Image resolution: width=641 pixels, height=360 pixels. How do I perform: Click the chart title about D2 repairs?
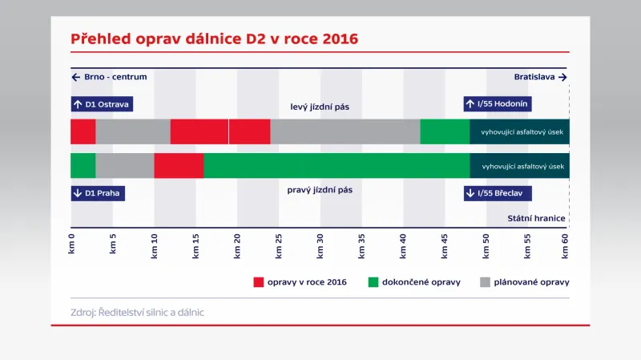tap(214, 38)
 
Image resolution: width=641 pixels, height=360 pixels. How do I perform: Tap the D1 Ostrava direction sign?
tap(102, 104)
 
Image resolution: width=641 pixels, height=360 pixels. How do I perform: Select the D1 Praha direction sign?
tap(98, 192)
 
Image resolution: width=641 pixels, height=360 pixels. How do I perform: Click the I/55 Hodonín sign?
tap(498, 103)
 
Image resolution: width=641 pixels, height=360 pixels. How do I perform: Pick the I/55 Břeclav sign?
tap(498, 192)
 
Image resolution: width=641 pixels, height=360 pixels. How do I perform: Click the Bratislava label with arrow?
tap(541, 77)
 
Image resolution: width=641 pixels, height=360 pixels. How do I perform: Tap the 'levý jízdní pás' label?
tap(320, 106)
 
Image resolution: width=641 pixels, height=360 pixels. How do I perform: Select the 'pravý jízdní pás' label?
tap(320, 190)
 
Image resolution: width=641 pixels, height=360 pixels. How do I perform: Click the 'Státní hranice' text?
tap(537, 218)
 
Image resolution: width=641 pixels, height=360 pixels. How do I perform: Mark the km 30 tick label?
tap(320, 244)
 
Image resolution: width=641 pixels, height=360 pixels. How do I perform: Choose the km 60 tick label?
tap(565, 244)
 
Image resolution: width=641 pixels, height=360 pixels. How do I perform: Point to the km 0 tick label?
tap(71, 244)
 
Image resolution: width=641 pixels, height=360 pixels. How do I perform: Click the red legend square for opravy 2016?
tap(258, 282)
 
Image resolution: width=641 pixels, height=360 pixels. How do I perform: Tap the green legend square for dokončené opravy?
tap(373, 282)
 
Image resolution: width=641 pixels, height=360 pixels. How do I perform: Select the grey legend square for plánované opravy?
tap(485, 282)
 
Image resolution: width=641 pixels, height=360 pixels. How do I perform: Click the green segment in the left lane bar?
tap(445, 131)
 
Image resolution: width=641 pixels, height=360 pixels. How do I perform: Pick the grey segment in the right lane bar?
tap(124, 165)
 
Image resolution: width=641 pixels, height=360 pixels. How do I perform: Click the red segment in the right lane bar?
tap(179, 165)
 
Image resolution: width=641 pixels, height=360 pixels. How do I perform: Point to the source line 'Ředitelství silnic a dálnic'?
tap(137, 312)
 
